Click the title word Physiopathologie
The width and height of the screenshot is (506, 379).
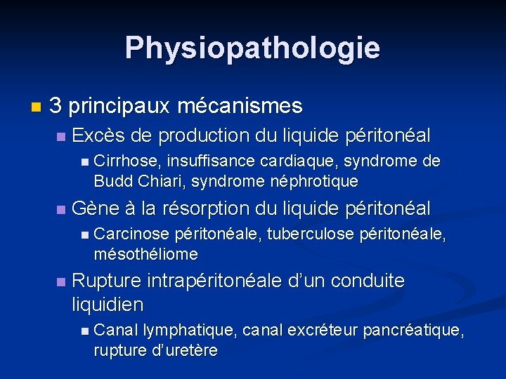(x=252, y=48)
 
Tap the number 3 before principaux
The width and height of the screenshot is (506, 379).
(x=56, y=106)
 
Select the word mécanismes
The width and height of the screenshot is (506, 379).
(x=240, y=106)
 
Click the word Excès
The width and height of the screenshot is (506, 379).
(x=96, y=135)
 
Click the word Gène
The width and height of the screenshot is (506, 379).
(x=96, y=208)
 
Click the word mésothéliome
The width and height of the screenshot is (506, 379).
(x=145, y=253)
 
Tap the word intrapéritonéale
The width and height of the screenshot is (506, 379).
(x=215, y=281)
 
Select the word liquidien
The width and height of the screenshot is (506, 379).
(x=108, y=305)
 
